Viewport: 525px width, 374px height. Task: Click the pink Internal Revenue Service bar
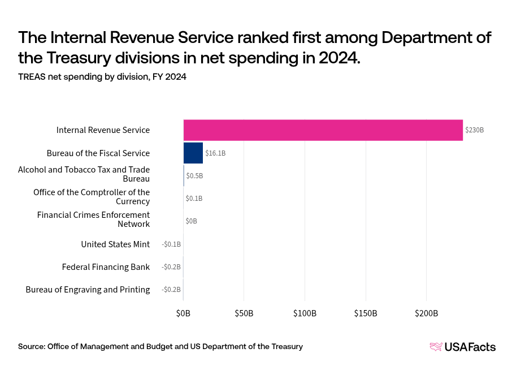click(x=323, y=130)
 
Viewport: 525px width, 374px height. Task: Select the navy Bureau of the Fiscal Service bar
click(x=193, y=153)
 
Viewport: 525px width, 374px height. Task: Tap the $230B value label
click(x=474, y=130)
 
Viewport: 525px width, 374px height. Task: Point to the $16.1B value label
click(x=215, y=153)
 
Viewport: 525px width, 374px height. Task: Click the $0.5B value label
click(x=194, y=175)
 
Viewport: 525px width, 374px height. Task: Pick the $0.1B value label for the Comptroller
click(x=194, y=199)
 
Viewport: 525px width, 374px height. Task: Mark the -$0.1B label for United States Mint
click(x=171, y=244)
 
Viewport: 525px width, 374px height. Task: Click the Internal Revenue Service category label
click(x=103, y=130)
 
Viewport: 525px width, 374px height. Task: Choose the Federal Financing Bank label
click(x=106, y=267)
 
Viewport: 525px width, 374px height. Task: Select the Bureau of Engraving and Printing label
click(x=88, y=290)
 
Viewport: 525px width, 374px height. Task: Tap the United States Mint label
click(x=115, y=244)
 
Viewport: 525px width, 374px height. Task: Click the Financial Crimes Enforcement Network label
click(x=93, y=220)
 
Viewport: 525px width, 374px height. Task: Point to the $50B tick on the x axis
click(x=244, y=313)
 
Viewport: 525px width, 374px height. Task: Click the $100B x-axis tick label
click(x=305, y=313)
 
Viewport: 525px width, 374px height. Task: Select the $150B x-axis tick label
click(x=366, y=313)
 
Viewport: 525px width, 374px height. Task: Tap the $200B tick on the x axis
click(x=426, y=313)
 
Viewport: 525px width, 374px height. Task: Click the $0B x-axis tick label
click(x=183, y=313)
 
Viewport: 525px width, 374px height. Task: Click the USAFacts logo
click(x=462, y=347)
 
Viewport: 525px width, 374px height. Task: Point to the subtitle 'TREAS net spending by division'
click(x=102, y=77)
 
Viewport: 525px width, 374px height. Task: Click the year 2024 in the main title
click(x=336, y=58)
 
